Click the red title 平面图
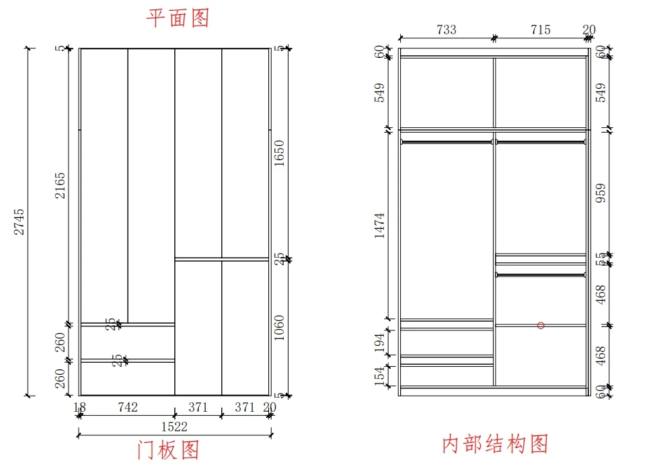[x=178, y=18]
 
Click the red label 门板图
[x=168, y=450]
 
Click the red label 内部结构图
[x=496, y=444]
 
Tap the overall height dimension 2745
[x=21, y=221]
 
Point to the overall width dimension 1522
[x=174, y=427]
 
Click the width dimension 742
[x=128, y=407]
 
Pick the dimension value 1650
[x=280, y=153]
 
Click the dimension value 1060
[x=280, y=328]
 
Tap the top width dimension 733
[x=446, y=30]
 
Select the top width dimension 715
[x=540, y=30]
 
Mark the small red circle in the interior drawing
[x=541, y=326]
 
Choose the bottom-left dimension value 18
[x=79, y=407]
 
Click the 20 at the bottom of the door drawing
[x=270, y=407]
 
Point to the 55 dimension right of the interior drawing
[x=601, y=258]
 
